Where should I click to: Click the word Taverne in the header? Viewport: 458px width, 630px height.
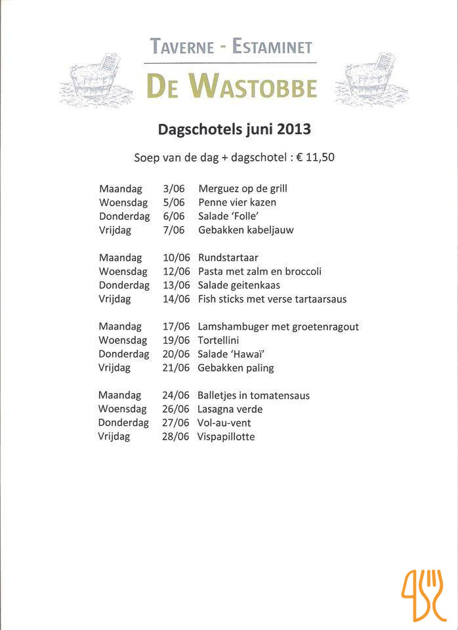182,47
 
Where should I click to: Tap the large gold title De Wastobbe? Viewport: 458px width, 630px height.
231,87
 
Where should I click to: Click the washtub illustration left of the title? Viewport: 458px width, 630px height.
98,81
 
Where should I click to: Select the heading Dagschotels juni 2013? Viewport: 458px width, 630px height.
234,129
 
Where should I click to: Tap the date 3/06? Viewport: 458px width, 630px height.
173,188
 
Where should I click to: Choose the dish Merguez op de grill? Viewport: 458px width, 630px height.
243,188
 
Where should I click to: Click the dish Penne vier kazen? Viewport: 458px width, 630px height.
237,202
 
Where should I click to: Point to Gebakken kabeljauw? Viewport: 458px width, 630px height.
245,230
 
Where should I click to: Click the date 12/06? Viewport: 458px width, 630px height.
177,271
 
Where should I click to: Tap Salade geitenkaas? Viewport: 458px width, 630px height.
239,285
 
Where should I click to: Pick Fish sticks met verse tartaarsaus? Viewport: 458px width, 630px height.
272,299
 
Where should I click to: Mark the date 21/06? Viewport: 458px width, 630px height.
176,367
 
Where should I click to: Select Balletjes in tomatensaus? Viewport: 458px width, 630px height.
253,395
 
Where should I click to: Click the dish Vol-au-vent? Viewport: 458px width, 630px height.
224,423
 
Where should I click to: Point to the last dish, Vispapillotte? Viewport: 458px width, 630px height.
226,436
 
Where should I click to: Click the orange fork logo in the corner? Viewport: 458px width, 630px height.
424,595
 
